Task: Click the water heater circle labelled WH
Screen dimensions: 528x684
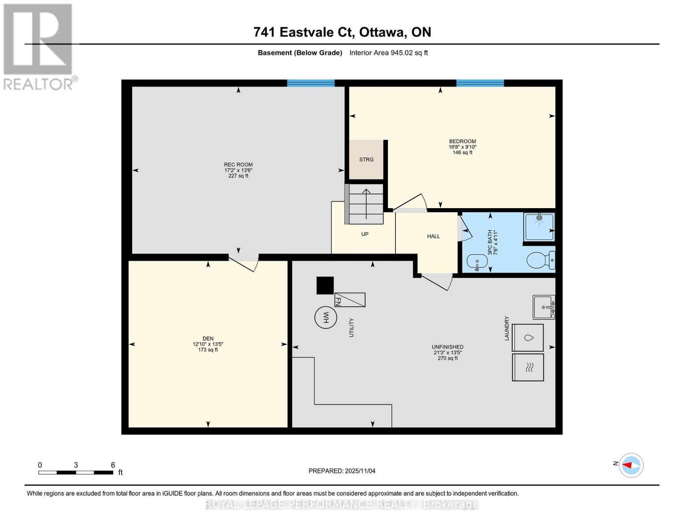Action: coord(325,317)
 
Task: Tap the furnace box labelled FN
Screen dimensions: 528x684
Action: coord(350,300)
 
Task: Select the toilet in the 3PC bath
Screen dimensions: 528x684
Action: coord(540,260)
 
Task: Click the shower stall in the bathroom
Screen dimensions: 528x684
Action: coord(539,227)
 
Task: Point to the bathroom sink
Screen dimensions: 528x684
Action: coord(477,261)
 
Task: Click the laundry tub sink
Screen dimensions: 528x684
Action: coord(544,307)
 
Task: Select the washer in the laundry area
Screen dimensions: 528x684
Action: coord(528,337)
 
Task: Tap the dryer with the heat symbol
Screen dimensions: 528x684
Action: coord(528,367)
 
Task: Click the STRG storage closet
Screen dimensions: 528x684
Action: coord(366,159)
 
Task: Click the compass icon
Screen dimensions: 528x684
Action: coord(632,465)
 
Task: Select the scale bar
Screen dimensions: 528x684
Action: coord(75,472)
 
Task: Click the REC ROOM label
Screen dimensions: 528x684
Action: coord(238,165)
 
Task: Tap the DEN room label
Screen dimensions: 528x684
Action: coord(208,339)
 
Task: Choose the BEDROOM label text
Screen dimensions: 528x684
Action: coord(462,141)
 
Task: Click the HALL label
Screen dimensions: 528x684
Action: coord(433,236)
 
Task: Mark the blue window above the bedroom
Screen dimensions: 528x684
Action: coord(480,83)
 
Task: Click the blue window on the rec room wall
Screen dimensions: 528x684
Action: coord(311,83)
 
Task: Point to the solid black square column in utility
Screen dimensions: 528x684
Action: coord(325,285)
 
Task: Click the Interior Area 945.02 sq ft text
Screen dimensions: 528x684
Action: coord(388,53)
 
